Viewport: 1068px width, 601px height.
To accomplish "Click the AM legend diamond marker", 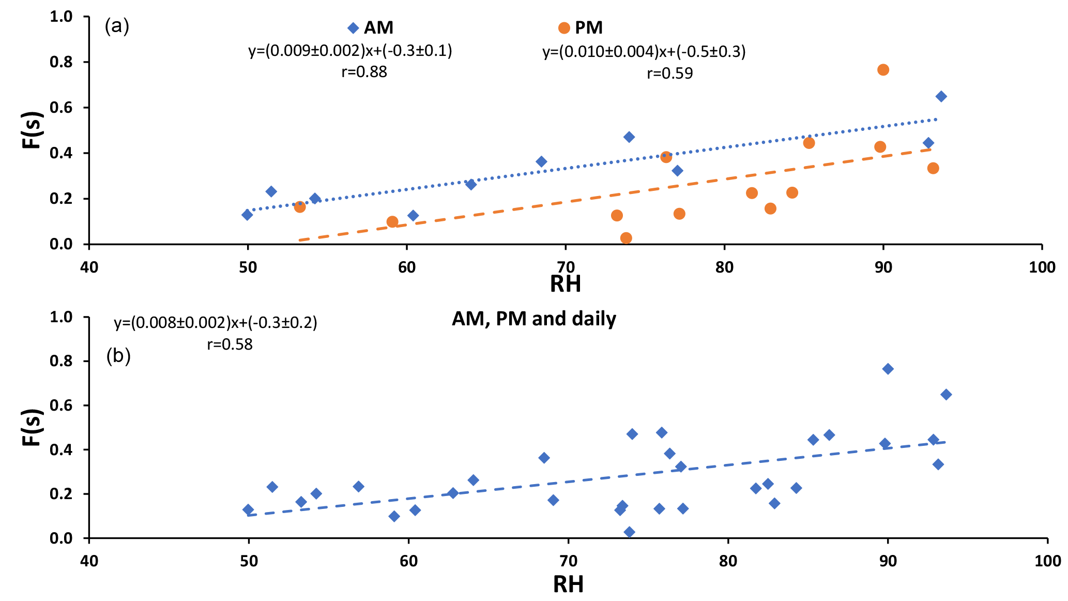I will (x=353, y=28).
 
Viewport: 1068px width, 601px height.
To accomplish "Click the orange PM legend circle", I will (x=564, y=28).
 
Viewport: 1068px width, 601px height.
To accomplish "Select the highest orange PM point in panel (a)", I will (x=883, y=70).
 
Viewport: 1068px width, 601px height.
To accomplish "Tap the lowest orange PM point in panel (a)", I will (x=625, y=238).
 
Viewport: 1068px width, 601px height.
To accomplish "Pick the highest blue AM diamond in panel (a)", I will (x=941, y=96).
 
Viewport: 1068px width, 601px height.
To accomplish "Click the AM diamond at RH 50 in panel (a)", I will (x=247, y=215).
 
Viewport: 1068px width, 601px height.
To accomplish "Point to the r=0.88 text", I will (x=364, y=72).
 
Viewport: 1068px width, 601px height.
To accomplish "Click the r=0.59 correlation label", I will (x=669, y=73).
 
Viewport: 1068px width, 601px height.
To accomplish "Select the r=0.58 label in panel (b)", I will (x=230, y=344).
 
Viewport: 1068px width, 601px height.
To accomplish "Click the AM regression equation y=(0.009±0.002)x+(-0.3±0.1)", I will (x=350, y=51).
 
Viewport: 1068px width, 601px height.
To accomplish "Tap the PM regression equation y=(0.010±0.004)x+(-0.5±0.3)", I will (x=644, y=52).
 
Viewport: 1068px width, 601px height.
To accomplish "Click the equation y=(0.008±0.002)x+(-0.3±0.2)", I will (x=215, y=323).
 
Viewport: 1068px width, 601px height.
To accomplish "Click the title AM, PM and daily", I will (x=533, y=319).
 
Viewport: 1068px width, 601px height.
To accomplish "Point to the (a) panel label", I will (x=117, y=25).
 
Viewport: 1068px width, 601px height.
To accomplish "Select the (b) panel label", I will (x=118, y=356).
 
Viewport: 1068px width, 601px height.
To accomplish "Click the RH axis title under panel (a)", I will (x=565, y=284).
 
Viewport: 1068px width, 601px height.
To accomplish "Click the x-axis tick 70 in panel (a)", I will (x=566, y=267).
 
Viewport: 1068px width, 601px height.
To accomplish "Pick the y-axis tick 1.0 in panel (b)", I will (x=61, y=317).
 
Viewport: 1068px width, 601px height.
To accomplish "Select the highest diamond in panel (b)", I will (x=888, y=369).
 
